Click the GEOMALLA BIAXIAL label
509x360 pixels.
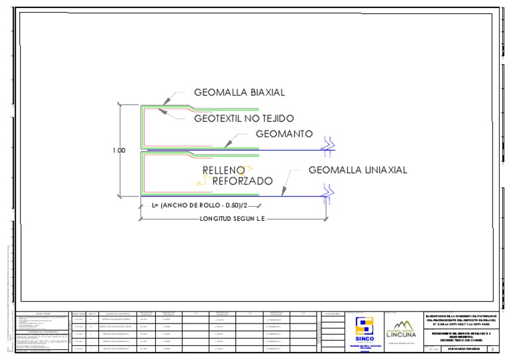click(x=239, y=92)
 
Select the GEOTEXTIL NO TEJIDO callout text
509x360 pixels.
click(x=244, y=119)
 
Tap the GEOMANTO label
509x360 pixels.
click(x=284, y=134)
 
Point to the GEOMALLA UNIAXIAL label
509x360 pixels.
click(x=358, y=170)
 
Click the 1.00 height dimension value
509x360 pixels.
click(x=119, y=150)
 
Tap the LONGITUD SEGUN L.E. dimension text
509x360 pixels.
click(x=232, y=217)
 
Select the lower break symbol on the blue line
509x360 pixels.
click(x=327, y=190)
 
